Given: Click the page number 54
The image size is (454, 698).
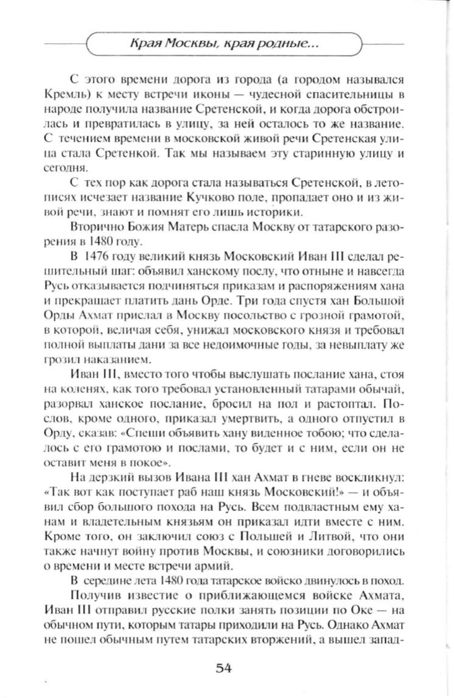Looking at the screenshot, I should coord(225,668).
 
